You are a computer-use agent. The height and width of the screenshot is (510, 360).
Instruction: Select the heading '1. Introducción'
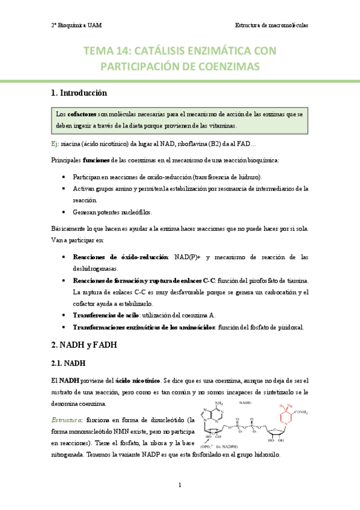tap(79, 93)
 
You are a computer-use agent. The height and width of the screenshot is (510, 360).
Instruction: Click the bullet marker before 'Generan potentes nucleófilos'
tap(64, 212)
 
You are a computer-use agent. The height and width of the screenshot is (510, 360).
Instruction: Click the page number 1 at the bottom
tap(180, 485)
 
